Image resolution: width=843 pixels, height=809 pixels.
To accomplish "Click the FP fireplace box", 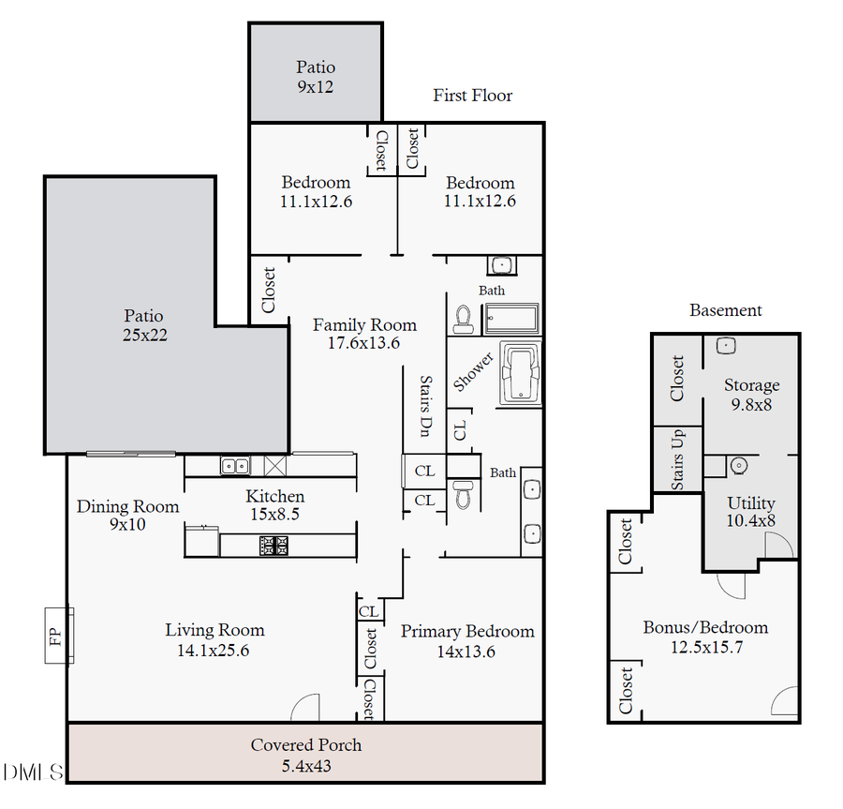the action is [x=59, y=636].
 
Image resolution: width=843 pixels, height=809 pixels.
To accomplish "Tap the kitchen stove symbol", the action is [x=274, y=546].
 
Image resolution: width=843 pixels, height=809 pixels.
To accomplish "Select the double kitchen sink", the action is [x=235, y=465].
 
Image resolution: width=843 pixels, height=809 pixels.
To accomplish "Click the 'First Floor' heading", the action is [x=473, y=96].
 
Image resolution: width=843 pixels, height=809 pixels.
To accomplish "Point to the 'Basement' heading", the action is [x=726, y=310].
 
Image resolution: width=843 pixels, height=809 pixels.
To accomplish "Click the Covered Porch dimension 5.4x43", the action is [x=306, y=766].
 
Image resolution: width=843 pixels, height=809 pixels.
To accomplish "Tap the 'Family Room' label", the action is [x=364, y=325].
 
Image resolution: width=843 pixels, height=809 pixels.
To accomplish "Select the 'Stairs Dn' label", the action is [x=426, y=406].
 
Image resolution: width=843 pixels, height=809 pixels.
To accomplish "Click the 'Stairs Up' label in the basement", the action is [x=677, y=459].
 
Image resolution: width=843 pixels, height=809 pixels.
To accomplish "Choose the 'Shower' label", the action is [x=473, y=371].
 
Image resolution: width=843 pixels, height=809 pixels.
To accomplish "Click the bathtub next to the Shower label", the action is [x=521, y=373].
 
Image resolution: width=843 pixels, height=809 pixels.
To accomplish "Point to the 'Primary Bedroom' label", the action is [x=467, y=631].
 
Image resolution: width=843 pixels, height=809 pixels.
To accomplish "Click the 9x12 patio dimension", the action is [x=316, y=86].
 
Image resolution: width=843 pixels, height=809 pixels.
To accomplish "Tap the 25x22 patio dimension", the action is [x=144, y=335].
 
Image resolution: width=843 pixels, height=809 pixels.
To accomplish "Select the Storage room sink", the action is [x=726, y=345].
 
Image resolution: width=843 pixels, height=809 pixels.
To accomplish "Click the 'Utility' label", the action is [x=751, y=503].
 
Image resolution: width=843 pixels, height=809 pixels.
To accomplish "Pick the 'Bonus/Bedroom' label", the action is [x=705, y=627].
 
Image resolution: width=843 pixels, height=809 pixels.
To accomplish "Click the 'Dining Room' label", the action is [x=128, y=506].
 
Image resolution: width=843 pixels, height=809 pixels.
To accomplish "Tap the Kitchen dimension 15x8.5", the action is [x=274, y=515].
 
